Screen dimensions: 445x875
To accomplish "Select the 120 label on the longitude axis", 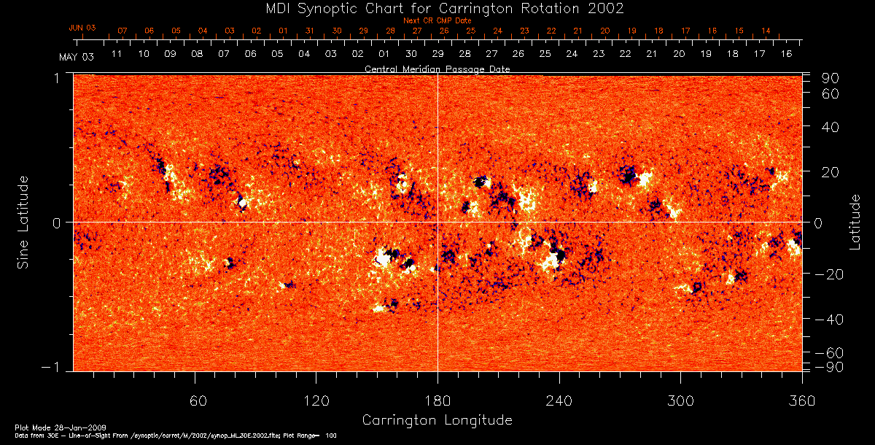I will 316,400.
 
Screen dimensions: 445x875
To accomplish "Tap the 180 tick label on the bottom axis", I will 437,400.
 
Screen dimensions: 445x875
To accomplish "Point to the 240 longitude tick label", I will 559,400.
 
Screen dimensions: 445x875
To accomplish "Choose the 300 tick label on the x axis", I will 680,400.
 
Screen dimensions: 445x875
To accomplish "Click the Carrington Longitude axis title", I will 437,420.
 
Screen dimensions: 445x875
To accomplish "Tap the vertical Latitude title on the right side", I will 855,222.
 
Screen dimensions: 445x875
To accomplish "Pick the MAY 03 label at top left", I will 77,57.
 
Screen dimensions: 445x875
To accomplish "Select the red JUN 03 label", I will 82,28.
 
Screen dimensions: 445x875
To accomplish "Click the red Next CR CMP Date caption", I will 437,20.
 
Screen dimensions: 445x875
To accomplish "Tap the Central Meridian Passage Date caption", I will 437,69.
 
